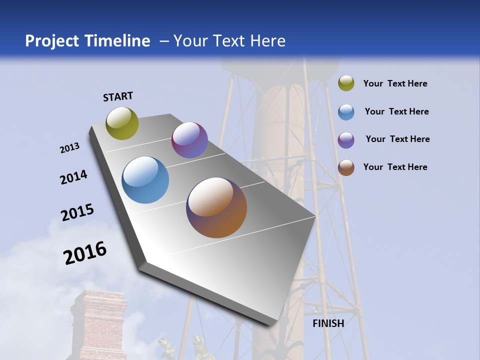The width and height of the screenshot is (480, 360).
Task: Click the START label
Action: click(x=118, y=96)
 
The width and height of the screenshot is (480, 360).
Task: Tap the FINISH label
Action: click(x=328, y=323)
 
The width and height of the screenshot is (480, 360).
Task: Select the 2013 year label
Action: click(x=69, y=148)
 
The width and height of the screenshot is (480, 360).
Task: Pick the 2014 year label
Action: click(x=73, y=177)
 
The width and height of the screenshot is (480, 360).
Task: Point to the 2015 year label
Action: click(x=77, y=212)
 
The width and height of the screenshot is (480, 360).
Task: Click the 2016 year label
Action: click(x=85, y=252)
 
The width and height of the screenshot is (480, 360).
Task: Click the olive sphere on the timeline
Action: click(x=122, y=123)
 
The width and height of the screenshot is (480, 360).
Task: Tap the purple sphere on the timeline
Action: click(x=189, y=140)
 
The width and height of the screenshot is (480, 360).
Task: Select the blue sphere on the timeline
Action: click(x=145, y=180)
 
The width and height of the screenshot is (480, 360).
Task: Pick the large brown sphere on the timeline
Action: click(x=216, y=207)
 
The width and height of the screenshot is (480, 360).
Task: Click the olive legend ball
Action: click(x=346, y=83)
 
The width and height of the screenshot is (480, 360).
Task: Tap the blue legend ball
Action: click(x=346, y=112)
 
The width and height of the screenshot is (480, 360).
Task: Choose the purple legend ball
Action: click(x=346, y=140)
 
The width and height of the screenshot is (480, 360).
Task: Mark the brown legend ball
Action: click(x=346, y=167)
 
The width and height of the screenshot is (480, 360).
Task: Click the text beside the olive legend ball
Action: click(x=395, y=83)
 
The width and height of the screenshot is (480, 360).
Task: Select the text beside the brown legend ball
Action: click(x=395, y=167)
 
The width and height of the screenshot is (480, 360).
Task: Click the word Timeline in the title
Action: click(x=117, y=41)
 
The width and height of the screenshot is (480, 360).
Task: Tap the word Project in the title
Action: click(x=52, y=41)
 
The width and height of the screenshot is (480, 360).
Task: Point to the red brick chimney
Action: click(x=98, y=325)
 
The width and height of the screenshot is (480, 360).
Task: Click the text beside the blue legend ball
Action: click(x=396, y=111)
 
